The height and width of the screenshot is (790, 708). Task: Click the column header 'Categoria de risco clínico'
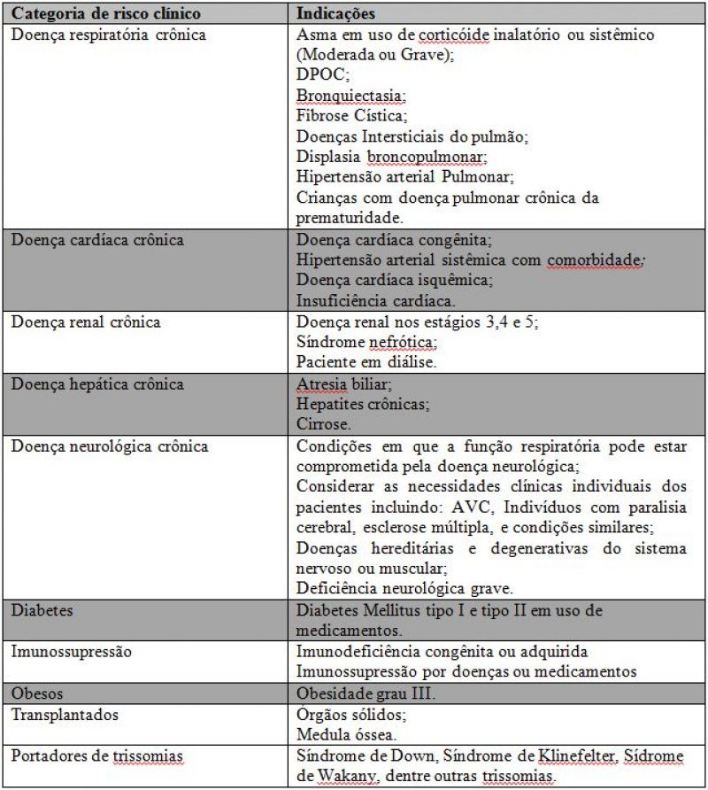coord(106,14)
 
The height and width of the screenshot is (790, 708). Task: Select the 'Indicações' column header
coord(335,14)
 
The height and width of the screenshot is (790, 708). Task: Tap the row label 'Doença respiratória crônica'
coord(108,35)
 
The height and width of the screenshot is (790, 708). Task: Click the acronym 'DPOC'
coord(320,75)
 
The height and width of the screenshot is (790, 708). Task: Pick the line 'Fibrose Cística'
coord(351,116)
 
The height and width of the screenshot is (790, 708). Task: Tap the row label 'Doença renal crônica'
coord(86,321)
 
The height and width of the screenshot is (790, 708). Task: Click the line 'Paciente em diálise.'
coord(366,362)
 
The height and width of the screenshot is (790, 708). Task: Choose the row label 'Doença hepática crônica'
coord(97,383)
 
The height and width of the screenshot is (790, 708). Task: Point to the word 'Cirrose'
coord(321,424)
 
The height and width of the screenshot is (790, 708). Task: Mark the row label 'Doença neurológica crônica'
coord(110,445)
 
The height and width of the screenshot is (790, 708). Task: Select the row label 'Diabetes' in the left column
coord(42,611)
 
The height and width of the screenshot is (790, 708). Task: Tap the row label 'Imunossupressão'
coord(72,651)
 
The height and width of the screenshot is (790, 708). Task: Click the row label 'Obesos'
coord(37,691)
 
